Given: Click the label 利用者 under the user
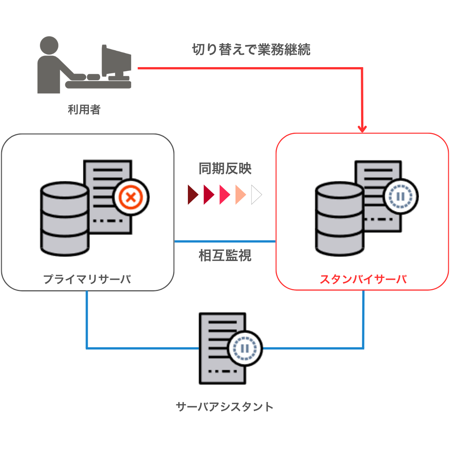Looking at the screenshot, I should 84,109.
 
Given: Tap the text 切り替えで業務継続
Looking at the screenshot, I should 251,49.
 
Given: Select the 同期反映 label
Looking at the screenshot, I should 225,169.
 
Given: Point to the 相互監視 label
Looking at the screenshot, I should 225,256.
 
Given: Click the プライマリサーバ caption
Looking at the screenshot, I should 87,279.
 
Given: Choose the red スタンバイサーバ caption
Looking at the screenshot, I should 363,279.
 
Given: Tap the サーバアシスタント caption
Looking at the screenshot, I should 225,407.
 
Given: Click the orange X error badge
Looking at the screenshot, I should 131,197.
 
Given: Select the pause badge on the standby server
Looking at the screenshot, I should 400,196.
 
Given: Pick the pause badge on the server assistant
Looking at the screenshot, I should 245,348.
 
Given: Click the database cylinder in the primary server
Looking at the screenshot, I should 64,219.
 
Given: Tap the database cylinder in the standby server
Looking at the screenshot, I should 339,219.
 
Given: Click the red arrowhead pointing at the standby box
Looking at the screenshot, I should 362,129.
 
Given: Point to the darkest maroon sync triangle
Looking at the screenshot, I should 193,195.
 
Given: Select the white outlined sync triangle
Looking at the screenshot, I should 256,195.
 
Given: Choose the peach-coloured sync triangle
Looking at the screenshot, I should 240,195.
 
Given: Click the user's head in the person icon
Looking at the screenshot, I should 49,46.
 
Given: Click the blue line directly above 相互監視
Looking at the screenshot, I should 225,241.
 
